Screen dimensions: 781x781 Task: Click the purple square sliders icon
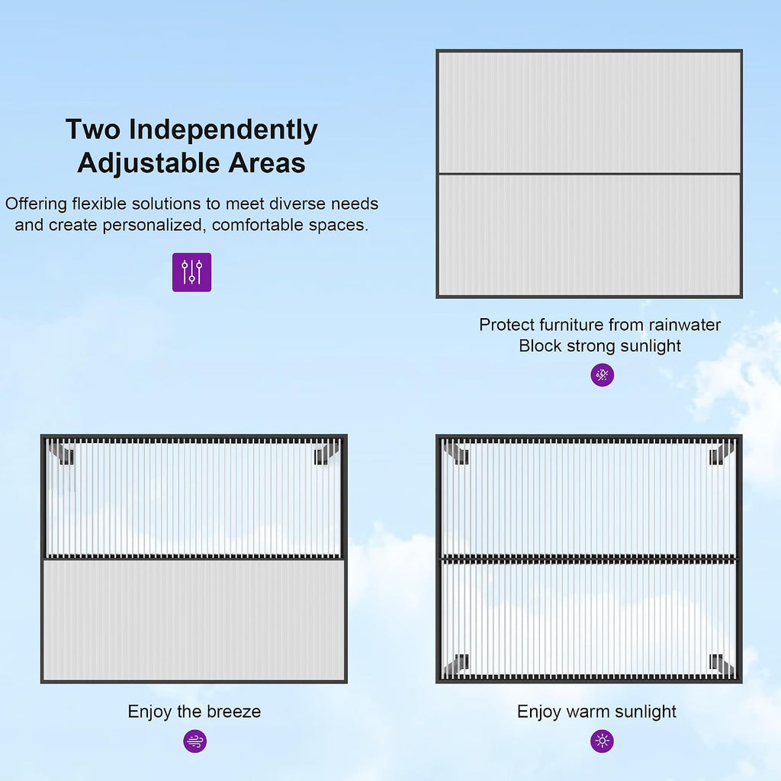(191, 272)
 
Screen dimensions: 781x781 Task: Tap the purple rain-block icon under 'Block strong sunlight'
(603, 374)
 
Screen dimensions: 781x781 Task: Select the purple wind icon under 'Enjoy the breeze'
(194, 741)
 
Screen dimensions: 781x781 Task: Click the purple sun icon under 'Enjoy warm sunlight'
(603, 741)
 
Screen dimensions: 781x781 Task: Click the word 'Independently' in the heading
(223, 130)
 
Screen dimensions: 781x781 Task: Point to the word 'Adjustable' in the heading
(149, 163)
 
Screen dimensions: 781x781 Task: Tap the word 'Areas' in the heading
(267, 163)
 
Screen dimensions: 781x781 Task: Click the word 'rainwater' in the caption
(685, 325)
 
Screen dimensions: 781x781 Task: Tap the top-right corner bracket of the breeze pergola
(326, 454)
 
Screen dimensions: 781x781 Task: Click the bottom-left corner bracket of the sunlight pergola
(457, 664)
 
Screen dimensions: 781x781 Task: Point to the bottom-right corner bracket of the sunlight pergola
(722, 664)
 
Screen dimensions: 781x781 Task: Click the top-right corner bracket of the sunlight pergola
(722, 454)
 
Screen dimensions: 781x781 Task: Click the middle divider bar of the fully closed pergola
(590, 174)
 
